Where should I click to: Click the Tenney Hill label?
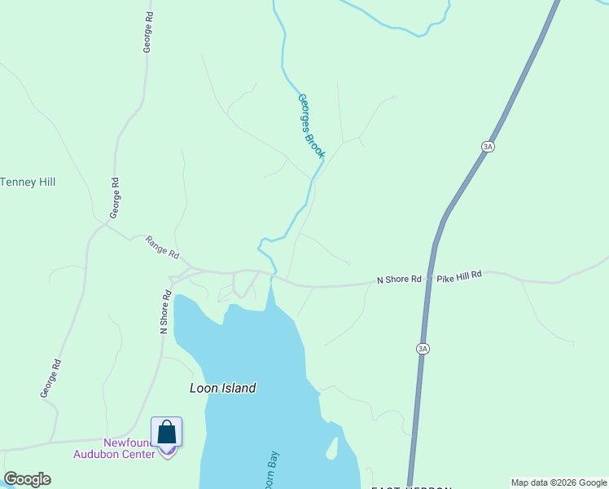point(28,182)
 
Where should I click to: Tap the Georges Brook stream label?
point(311,126)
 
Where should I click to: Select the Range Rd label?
point(162,246)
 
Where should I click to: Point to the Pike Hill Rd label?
point(459,276)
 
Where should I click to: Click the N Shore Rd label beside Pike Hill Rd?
point(399,280)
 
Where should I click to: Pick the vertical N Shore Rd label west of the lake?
point(164,311)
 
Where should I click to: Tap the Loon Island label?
point(222,389)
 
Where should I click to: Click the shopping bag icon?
point(167,432)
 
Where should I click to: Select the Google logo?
point(28,479)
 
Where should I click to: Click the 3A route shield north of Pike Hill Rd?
point(488,147)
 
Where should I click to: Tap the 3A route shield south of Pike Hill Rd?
point(422,349)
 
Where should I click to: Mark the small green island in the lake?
point(331,447)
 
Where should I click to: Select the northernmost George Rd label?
point(148,33)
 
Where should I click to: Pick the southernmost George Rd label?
point(50,378)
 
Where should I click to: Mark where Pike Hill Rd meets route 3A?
point(429,279)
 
